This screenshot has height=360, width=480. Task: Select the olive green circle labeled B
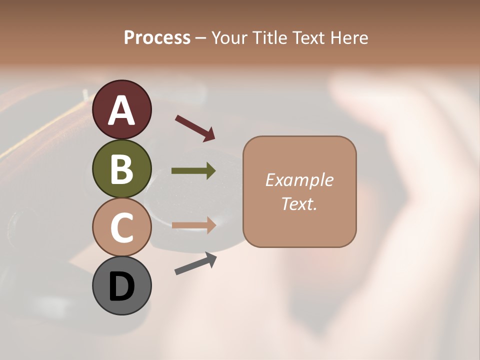pos(121,168)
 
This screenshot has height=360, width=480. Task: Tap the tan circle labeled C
pos(121,227)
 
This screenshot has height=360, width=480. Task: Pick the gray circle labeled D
pos(121,285)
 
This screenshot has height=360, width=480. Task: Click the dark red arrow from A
pos(194,127)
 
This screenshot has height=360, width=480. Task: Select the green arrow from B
pos(193,171)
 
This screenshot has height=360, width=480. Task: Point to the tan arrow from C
pos(193,225)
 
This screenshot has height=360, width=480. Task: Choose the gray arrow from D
pos(195,263)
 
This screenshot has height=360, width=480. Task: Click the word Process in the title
pos(157,38)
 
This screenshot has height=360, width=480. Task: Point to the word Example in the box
pos(299,180)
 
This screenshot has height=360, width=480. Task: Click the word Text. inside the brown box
pos(299,203)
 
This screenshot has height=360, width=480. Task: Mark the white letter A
pos(121,110)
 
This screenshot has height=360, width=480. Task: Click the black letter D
pos(121,286)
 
